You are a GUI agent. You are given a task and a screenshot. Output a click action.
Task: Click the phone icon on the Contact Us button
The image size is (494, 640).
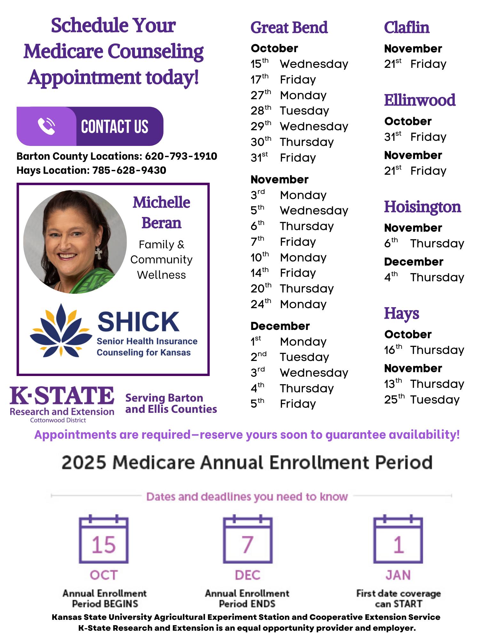point(46,126)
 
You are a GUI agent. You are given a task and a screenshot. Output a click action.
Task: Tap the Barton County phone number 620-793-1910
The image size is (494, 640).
point(181,156)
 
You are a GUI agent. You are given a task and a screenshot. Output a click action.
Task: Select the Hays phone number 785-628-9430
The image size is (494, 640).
point(129,170)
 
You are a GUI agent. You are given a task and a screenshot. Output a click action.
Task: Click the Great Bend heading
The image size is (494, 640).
point(289,28)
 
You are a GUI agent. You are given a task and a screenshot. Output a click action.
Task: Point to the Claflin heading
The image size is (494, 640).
point(406,28)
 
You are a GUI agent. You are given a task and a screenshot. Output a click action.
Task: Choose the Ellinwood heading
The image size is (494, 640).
point(420,100)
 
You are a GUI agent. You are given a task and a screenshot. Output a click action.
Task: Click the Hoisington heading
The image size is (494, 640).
point(422,207)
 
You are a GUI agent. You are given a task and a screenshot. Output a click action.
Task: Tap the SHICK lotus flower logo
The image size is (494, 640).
point(60,330)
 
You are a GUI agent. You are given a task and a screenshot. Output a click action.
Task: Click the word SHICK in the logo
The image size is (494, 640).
point(138,322)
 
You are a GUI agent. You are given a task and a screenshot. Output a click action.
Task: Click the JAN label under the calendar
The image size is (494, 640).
point(398,575)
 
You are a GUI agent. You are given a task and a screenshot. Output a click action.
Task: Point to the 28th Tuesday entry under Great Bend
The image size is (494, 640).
point(290,111)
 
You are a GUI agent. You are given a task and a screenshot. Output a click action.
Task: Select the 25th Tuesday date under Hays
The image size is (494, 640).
point(422,400)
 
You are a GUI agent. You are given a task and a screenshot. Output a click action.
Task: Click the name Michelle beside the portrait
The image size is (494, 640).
point(161,203)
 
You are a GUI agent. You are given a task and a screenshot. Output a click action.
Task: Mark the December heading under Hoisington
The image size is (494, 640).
point(413,262)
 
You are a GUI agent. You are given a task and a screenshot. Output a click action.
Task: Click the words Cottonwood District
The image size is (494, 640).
point(58,420)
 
